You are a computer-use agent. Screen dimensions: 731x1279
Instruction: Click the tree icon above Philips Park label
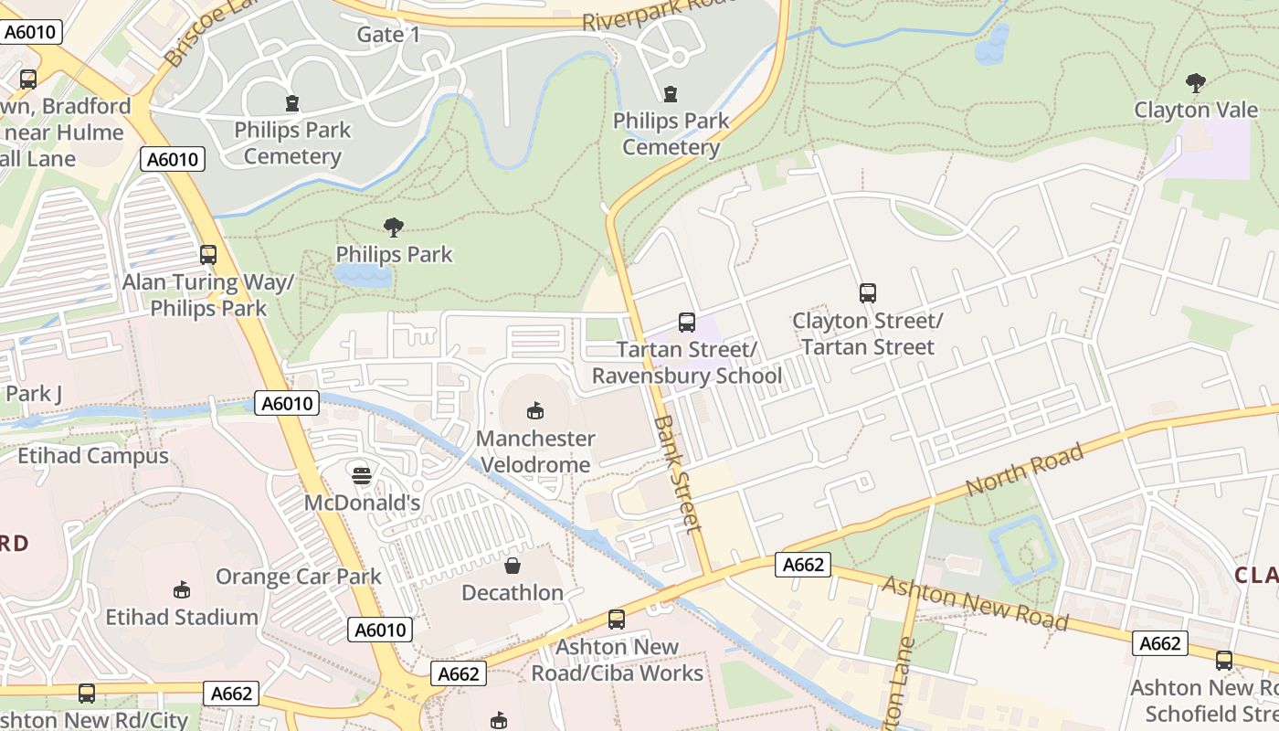[x=394, y=227]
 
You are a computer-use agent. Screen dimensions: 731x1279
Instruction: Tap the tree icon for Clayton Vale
[x=1195, y=83]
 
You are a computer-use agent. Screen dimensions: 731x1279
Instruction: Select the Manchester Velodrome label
[x=535, y=451]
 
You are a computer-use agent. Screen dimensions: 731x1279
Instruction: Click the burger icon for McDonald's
[x=362, y=475]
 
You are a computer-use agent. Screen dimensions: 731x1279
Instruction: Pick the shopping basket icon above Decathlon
[x=513, y=566]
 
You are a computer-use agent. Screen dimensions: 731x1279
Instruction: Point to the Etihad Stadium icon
[x=182, y=589]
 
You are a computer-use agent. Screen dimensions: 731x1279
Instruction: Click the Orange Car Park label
[x=298, y=577]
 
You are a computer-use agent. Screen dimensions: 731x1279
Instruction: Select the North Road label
[x=1024, y=470]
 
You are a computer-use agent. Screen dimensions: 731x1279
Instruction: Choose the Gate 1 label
[x=388, y=35]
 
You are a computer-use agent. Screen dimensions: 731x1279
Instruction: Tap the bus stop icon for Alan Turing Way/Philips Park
[x=208, y=254]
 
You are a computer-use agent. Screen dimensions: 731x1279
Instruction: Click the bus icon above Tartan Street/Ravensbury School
[x=686, y=322]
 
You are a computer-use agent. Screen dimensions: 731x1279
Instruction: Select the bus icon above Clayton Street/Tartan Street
[x=867, y=293]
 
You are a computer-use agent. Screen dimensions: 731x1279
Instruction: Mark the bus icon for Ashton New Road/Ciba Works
[x=617, y=620]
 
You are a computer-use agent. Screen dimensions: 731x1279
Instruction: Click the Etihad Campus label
[x=93, y=455]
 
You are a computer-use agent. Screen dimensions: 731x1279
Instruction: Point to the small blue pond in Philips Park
[x=362, y=275]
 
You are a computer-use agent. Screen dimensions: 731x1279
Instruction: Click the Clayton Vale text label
[x=1195, y=110]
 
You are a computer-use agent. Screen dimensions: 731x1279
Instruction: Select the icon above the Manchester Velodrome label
[x=535, y=411]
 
